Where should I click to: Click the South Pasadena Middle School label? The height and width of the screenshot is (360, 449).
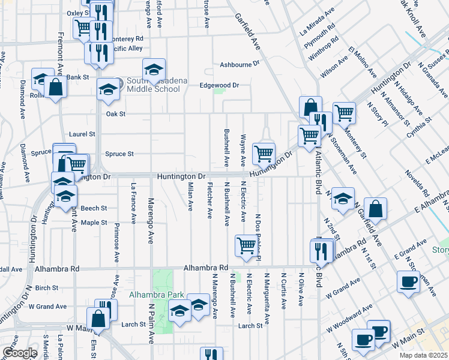[x=152, y=85]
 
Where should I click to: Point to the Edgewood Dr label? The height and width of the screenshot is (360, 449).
[x=219, y=85]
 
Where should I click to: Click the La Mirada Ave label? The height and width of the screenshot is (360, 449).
[x=317, y=23]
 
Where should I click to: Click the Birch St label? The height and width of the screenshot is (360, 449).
[x=46, y=288]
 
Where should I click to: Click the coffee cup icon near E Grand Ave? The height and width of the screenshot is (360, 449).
[x=408, y=281]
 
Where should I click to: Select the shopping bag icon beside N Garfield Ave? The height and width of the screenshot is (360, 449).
[x=375, y=209]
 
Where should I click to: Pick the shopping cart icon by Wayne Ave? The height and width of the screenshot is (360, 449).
[x=264, y=153]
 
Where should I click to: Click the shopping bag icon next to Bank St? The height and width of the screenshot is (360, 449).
[x=55, y=88]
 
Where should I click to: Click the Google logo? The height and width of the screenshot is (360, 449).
[x=20, y=353]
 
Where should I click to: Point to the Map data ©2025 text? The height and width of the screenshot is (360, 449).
[x=423, y=355]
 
